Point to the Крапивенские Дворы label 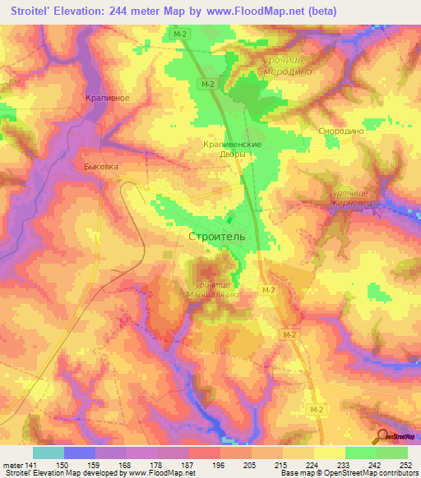pyautogui.click(x=232, y=149)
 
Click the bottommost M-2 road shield pyautogui.click(x=317, y=408)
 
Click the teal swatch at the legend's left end pyautogui.click(x=49, y=453)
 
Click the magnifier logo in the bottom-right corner pyautogui.click(x=382, y=436)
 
